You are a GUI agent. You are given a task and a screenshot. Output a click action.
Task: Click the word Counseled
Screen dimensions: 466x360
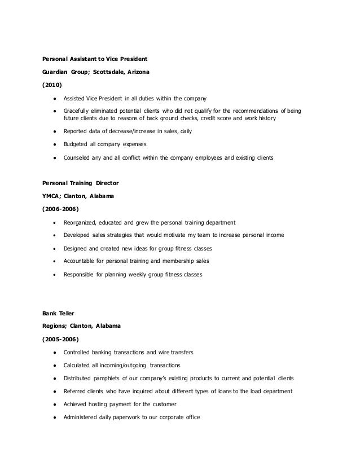(x=78, y=159)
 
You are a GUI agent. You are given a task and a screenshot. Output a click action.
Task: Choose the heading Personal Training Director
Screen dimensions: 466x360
(x=80, y=183)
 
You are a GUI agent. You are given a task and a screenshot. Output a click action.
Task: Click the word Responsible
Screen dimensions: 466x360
(x=80, y=275)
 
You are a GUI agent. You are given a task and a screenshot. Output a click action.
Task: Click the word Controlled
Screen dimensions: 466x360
(x=79, y=352)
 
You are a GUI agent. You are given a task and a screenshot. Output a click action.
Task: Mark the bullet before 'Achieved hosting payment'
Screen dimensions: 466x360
(x=53, y=405)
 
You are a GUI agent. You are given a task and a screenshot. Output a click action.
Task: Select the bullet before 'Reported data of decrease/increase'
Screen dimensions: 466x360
(x=53, y=131)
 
